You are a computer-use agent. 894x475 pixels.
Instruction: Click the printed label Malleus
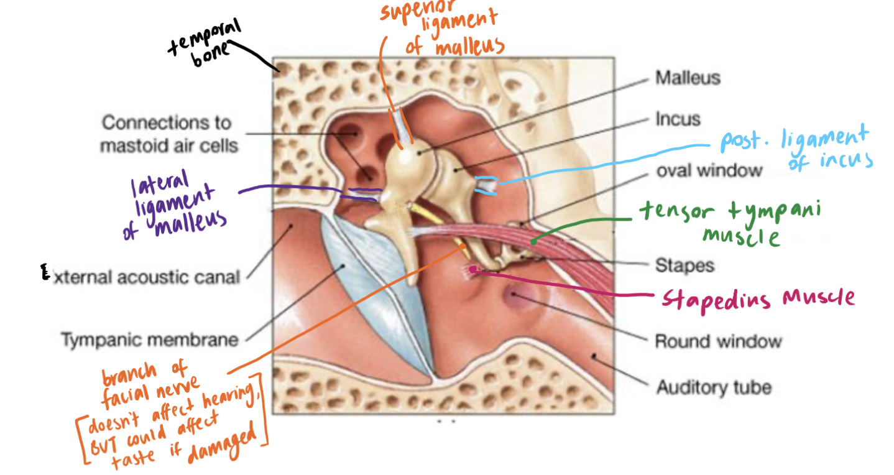[688, 78]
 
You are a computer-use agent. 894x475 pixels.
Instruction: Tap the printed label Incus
[678, 119]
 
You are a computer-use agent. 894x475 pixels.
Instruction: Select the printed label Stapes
[684, 265]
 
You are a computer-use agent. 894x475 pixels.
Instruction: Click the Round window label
[719, 341]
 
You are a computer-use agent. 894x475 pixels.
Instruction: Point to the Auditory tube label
[714, 387]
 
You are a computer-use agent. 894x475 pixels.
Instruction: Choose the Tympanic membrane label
[150, 340]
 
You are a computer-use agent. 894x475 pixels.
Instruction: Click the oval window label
[709, 170]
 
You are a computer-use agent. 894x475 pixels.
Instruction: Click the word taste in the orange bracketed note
[132, 459]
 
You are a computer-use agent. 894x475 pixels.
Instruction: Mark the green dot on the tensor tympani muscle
[533, 242]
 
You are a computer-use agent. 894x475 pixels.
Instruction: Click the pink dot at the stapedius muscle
[472, 270]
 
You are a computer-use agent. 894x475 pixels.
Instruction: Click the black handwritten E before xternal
[45, 272]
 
